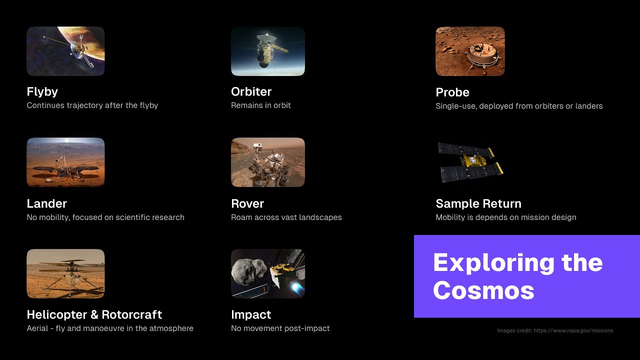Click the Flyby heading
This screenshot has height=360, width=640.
click(x=42, y=91)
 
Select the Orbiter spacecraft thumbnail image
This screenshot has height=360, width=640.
click(x=268, y=51)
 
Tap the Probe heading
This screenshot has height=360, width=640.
click(x=452, y=92)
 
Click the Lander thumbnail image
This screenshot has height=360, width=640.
click(x=65, y=162)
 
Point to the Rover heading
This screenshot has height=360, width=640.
click(x=247, y=203)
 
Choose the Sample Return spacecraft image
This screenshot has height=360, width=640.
click(x=470, y=162)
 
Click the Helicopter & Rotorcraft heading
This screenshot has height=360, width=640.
click(x=94, y=314)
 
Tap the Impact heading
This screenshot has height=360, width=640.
click(x=251, y=314)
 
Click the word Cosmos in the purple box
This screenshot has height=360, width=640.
click(x=483, y=290)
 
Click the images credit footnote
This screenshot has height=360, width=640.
click(x=555, y=330)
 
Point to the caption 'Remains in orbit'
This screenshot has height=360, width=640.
click(x=260, y=105)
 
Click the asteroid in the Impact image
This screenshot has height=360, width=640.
click(x=248, y=273)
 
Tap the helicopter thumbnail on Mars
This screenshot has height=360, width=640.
click(x=65, y=273)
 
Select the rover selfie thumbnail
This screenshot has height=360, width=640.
click(x=268, y=162)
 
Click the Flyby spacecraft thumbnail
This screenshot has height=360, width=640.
click(x=65, y=51)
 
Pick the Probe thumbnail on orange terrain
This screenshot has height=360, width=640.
click(x=470, y=51)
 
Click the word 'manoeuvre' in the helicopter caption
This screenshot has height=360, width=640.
click(x=99, y=328)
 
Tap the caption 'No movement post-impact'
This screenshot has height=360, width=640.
click(x=280, y=328)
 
